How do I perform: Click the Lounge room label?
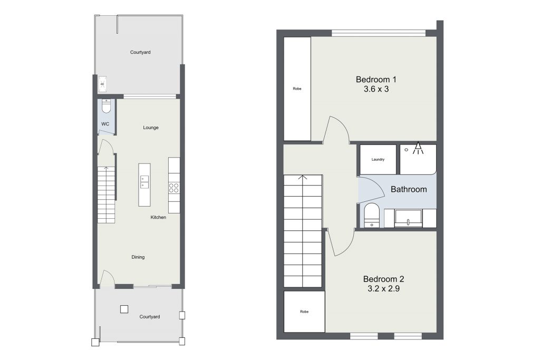tap(151, 128)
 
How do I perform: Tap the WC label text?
tap(105, 124)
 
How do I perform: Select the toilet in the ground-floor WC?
tap(107, 106)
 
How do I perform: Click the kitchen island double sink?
tap(144, 182)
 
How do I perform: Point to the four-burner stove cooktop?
tap(174, 188)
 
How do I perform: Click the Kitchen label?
tap(158, 217)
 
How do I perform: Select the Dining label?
tap(138, 257)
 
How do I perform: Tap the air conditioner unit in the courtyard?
tap(102, 84)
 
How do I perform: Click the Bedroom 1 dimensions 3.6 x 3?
tap(376, 89)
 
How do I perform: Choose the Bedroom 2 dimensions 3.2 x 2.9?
tap(384, 289)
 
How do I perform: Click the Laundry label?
tap(378, 159)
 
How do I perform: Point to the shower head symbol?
tap(418, 148)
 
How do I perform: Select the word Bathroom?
tap(409, 189)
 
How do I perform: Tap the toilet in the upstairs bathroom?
tap(372, 215)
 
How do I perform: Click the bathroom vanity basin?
tap(409, 218)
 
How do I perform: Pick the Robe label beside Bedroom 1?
tap(297, 89)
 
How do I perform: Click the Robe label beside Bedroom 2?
tap(304, 312)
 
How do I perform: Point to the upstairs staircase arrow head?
tap(303, 178)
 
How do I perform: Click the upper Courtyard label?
tap(140, 52)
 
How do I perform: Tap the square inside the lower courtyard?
tap(124, 309)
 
